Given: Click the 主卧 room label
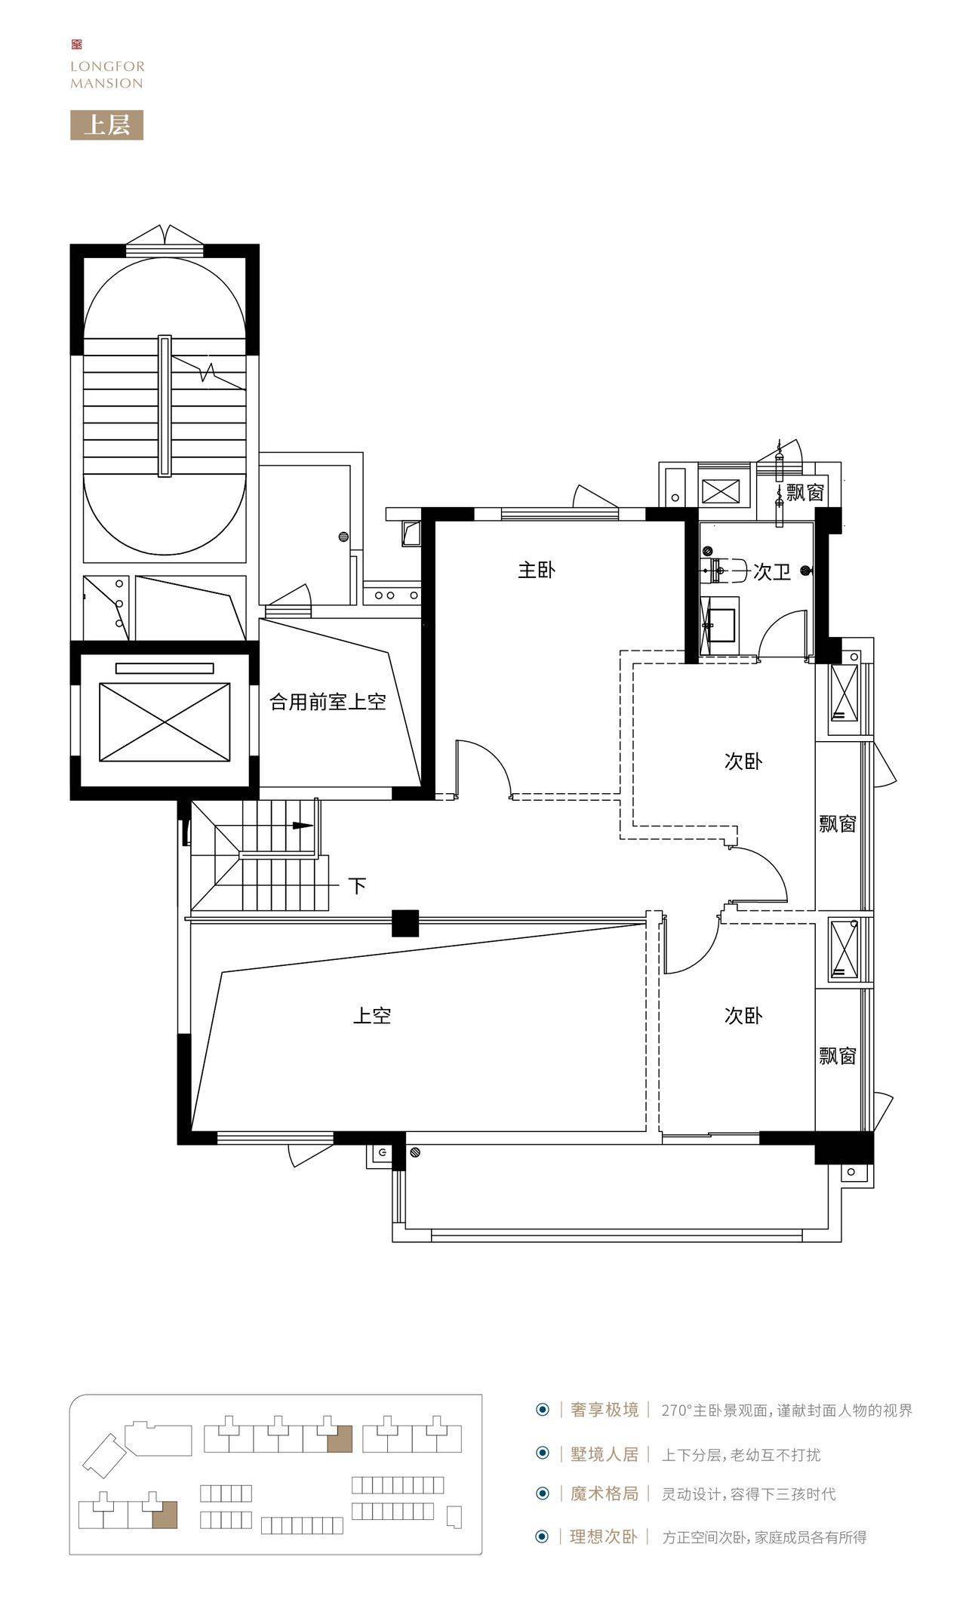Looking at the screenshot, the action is (x=536, y=571).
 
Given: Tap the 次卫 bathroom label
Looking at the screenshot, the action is (x=772, y=573).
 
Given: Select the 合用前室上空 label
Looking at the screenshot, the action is (x=328, y=703).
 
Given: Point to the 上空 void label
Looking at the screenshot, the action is (x=372, y=1016).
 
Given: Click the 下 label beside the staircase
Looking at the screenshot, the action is (x=357, y=884).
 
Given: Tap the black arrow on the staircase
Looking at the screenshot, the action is (x=303, y=826).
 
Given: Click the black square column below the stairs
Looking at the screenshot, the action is (x=405, y=923).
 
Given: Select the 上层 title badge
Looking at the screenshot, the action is (x=106, y=125).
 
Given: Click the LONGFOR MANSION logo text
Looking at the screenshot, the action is (x=106, y=75).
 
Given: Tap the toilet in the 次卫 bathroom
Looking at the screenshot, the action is (x=724, y=572).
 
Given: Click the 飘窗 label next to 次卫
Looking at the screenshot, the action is (x=804, y=493).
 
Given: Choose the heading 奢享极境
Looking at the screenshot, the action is (x=605, y=1410).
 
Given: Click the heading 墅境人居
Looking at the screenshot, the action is (x=605, y=1454).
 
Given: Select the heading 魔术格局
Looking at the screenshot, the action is (x=605, y=1493).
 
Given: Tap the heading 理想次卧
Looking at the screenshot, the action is (x=605, y=1537).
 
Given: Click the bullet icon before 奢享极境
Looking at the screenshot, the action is (x=542, y=1410).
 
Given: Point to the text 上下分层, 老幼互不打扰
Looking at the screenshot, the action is (x=740, y=1454).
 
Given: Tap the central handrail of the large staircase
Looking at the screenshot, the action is (x=165, y=406).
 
